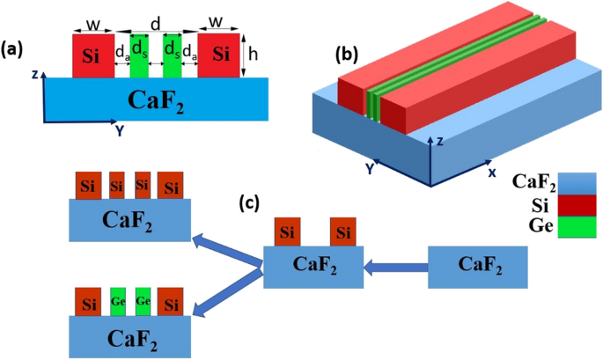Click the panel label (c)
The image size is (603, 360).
(x=252, y=204)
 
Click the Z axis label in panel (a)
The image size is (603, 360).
(x=33, y=76)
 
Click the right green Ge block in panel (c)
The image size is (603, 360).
(x=143, y=298)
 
